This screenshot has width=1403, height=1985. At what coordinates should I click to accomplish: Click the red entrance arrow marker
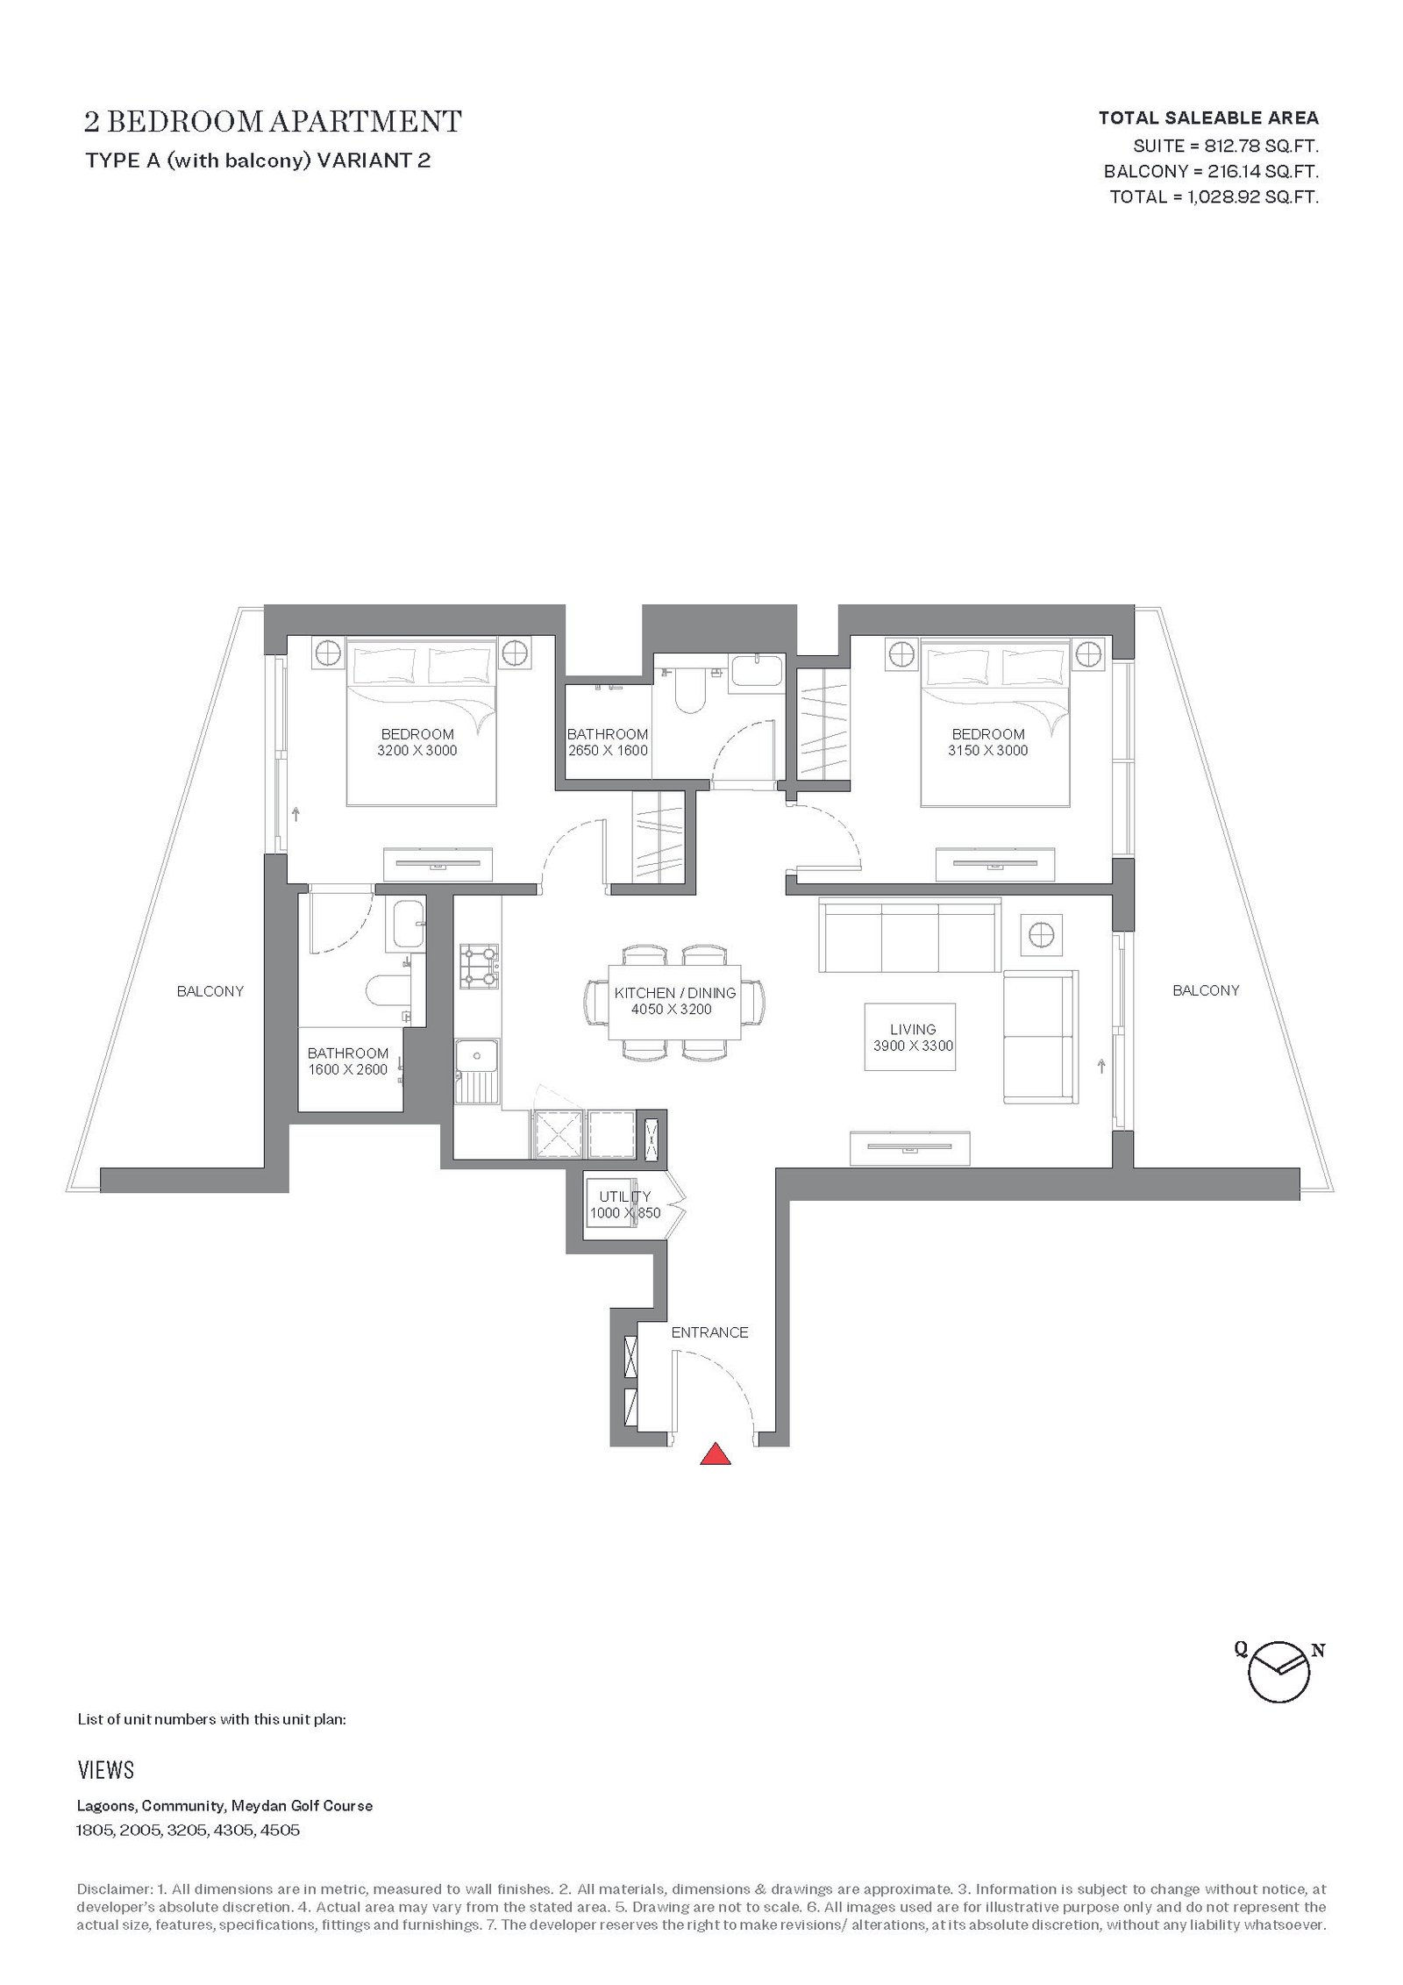coord(716,1453)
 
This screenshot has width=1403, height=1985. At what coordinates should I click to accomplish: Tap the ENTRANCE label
coord(709,1332)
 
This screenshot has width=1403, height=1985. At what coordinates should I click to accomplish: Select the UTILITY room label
coord(625,1196)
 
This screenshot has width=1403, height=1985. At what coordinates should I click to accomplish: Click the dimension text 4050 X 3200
coord(672,1009)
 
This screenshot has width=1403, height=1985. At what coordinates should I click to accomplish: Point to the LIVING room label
coord(913,1029)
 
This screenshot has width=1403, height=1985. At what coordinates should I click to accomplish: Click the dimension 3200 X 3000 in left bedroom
coord(417,750)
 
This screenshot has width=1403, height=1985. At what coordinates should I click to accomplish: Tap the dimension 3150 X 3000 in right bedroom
coord(987,750)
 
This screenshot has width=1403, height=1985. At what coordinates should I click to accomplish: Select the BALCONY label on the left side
coord(210,991)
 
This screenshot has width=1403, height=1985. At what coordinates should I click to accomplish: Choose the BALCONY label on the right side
coord(1206,990)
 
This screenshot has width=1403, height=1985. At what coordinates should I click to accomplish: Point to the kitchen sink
coord(478,1072)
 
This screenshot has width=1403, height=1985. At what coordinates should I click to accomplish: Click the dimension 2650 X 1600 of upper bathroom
coord(608,750)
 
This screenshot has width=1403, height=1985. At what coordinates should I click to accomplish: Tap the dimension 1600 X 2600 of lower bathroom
coord(348,1069)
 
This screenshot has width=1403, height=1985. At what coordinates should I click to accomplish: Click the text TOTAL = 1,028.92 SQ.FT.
coord(1214,196)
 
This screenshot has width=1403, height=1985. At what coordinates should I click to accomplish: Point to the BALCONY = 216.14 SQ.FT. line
coord(1212,170)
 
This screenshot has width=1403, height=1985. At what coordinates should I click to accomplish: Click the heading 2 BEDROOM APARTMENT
coord(273,121)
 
